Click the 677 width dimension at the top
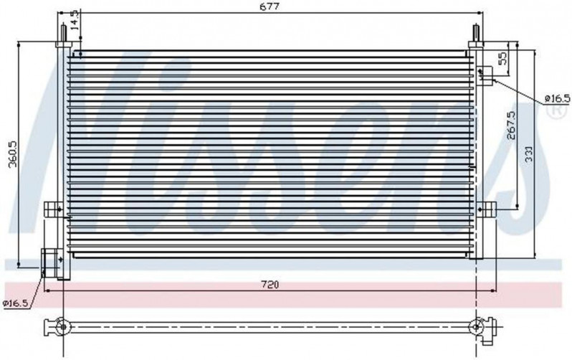point(270,6)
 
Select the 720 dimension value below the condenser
point(270,285)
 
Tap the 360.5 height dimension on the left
point(13,153)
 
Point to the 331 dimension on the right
point(529,153)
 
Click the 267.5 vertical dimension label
point(512,125)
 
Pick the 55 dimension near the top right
point(502,58)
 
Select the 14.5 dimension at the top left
point(75,20)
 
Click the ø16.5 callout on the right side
point(557,98)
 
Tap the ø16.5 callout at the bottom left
point(15,303)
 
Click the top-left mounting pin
point(63,33)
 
